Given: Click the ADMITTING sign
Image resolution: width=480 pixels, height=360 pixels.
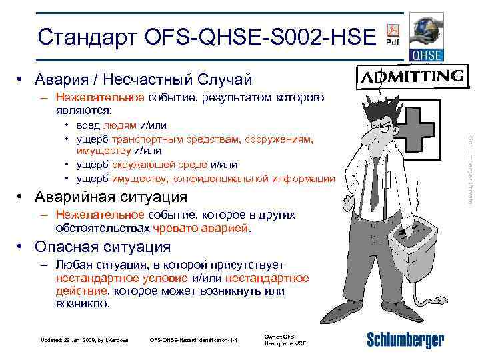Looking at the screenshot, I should click(x=411, y=77).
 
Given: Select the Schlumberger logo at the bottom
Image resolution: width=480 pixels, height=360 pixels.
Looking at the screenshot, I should click(x=405, y=341).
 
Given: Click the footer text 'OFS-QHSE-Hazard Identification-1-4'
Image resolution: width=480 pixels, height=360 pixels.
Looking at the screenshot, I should click(x=193, y=341).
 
